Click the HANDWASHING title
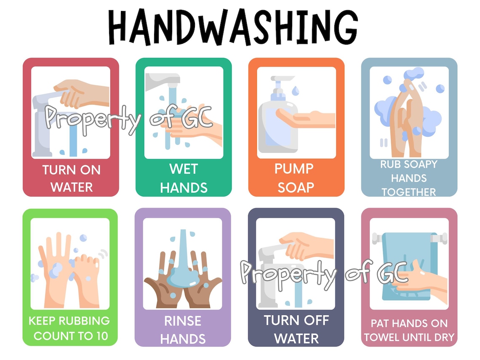[232, 26]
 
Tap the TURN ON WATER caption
[71, 179]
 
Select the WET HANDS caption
[184, 178]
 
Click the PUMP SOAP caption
[296, 178]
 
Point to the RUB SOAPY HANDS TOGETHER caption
[408, 178]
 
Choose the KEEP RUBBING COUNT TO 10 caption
[70, 328]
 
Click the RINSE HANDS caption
[183, 330]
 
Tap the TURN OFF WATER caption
[296, 329]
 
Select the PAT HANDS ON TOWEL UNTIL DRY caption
[409, 330]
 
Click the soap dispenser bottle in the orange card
[275, 126]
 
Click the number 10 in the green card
[101, 336]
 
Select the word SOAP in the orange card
[296, 187]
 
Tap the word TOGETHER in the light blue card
[408, 192]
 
